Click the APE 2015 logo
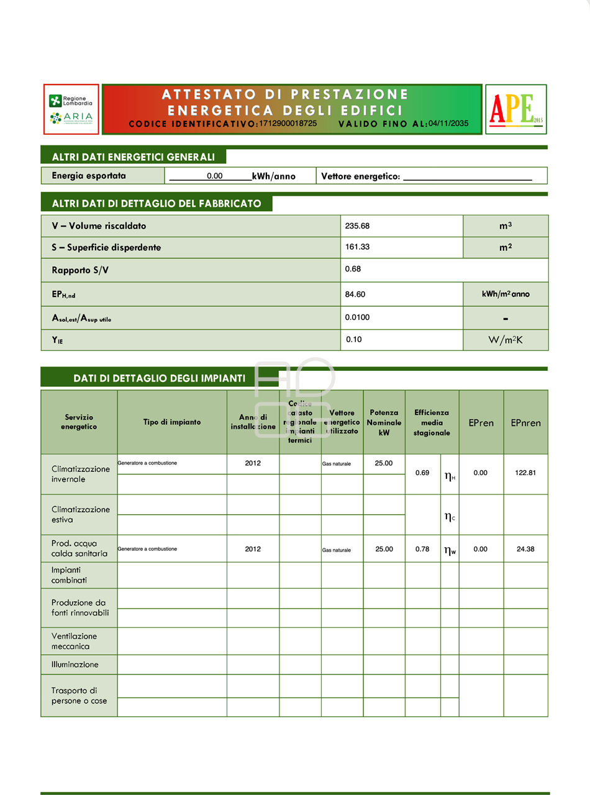pos(515,109)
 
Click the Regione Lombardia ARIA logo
pos(71,109)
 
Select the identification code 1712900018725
pos(288,124)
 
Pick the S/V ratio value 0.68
pos(353,270)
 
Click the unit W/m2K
pos(506,340)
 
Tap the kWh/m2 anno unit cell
pos(506,294)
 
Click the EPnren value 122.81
pos(525,473)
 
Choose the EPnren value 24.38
pos(525,549)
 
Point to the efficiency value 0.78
pos(422,549)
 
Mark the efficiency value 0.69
pos(422,473)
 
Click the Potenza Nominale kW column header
pos(384,422)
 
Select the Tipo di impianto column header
pos(172,422)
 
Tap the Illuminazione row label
pos(75,665)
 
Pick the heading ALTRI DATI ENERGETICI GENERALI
pos(134,157)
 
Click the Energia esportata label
pos(89,176)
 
